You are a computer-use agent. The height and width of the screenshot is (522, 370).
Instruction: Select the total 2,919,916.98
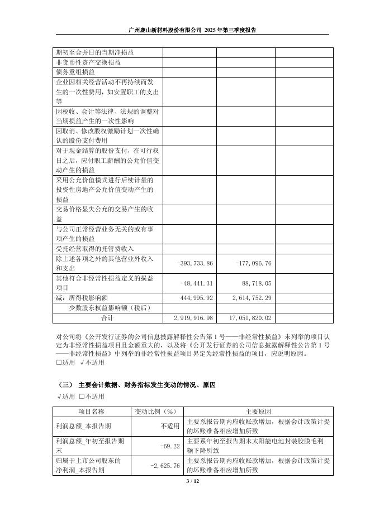191,318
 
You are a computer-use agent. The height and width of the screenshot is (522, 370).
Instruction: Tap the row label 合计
107,318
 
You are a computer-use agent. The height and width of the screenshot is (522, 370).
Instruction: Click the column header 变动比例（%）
156,411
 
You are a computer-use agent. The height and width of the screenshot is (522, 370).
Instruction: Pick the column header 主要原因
258,411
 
